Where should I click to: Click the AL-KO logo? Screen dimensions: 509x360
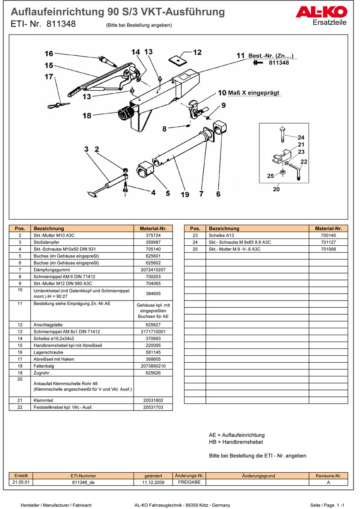tap(321, 12)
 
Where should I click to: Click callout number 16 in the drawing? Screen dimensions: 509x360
tap(49, 54)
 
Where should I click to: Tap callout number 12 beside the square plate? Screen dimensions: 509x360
tap(197, 52)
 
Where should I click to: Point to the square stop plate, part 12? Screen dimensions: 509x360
tap(177, 60)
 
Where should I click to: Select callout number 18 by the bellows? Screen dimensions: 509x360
tap(87, 116)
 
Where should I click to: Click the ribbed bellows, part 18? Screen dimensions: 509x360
tap(126, 115)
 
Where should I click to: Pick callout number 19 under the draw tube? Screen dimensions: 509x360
tap(184, 194)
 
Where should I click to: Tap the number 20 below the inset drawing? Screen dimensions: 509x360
tap(276, 189)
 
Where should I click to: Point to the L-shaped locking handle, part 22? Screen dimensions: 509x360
tap(297, 170)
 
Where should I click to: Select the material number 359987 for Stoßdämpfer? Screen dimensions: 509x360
tap(153, 242)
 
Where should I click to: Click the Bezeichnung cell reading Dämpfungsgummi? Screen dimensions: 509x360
tap(49, 270)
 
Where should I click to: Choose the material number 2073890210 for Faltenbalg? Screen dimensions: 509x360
tap(153, 366)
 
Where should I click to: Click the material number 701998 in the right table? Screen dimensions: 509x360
tap(328, 249)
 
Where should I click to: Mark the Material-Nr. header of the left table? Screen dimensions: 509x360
tap(153, 229)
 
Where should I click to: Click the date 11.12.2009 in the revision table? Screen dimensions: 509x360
tap(153, 482)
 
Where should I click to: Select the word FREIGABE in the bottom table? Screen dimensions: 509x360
tap(189, 482)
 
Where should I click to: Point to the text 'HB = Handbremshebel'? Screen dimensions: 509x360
tap(236, 442)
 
